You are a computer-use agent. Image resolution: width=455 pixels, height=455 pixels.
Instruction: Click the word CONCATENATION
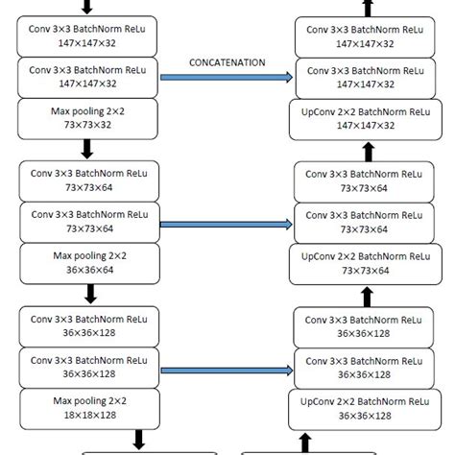227,62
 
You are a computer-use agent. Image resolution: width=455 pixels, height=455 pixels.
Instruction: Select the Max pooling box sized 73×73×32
86,119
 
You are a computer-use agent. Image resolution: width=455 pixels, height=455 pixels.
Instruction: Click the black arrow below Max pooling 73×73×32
86,149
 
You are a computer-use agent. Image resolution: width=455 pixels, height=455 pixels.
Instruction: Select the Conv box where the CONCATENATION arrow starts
86,77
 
